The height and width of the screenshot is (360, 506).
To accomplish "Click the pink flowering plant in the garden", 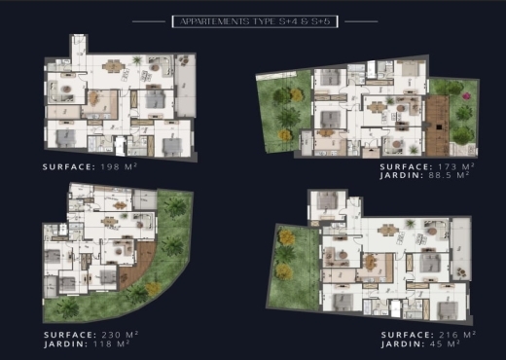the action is [x=467, y=96].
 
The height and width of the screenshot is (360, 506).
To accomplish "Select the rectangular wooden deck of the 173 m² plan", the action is [x=438, y=126].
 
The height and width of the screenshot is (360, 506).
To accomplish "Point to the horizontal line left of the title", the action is [x=149, y=21].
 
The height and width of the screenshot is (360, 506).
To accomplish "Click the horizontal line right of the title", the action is [x=361, y=21].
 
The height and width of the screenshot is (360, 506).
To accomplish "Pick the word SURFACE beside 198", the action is [x=69, y=167].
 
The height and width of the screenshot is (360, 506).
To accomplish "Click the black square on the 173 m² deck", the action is [x=439, y=127].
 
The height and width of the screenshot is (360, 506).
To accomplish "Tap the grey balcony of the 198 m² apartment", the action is [x=186, y=86].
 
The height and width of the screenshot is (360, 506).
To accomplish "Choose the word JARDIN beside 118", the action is [x=65, y=343].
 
